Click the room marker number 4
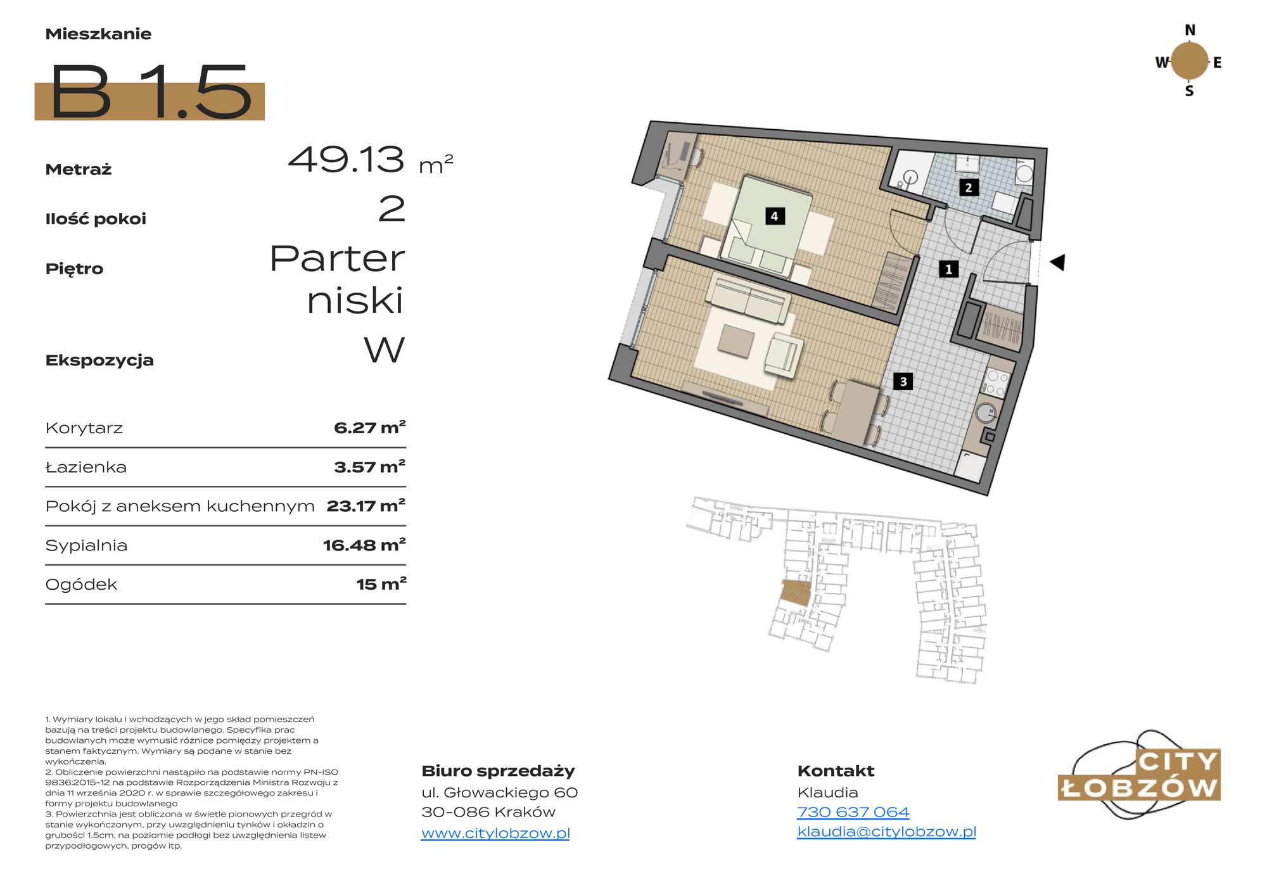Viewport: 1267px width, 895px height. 774,216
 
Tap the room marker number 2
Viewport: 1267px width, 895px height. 968,187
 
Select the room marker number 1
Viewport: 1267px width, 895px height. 948,269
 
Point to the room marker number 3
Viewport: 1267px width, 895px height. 903,381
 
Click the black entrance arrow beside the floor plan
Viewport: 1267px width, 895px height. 1057,262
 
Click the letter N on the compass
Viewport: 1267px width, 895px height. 1190,30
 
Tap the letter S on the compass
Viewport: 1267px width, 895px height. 1189,91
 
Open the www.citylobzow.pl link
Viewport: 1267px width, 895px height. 495,833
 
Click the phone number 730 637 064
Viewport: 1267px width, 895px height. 853,812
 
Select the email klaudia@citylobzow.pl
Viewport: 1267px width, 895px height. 886,832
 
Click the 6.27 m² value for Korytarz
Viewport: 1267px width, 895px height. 370,428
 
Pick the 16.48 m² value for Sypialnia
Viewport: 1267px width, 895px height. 364,545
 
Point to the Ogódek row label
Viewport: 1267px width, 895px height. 81,585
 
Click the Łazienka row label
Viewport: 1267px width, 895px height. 86,467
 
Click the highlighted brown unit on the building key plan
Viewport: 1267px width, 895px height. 796,593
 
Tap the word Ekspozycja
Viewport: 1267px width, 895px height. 99,360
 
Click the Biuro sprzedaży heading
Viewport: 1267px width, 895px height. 498,771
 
